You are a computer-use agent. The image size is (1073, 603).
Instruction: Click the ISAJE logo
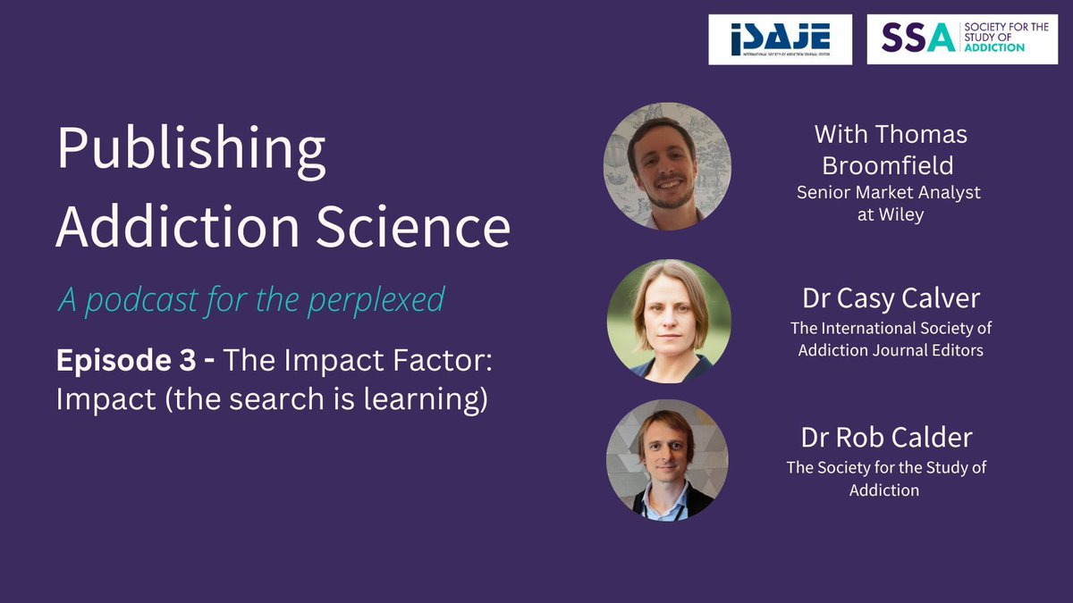pyautogui.click(x=780, y=39)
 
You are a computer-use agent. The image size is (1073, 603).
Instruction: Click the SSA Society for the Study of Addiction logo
pyautogui.click(x=962, y=39)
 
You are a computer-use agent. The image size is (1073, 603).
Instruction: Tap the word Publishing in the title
pyautogui.click(x=190, y=151)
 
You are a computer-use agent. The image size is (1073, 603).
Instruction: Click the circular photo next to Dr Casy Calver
pyautogui.click(x=668, y=321)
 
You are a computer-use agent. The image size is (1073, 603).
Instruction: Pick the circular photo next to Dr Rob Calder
pyautogui.click(x=667, y=460)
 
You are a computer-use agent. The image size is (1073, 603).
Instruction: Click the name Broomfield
pyautogui.click(x=891, y=164)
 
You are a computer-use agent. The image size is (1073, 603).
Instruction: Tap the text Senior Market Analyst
pyautogui.click(x=890, y=192)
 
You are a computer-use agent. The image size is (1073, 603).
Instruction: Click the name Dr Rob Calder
pyautogui.click(x=886, y=439)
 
